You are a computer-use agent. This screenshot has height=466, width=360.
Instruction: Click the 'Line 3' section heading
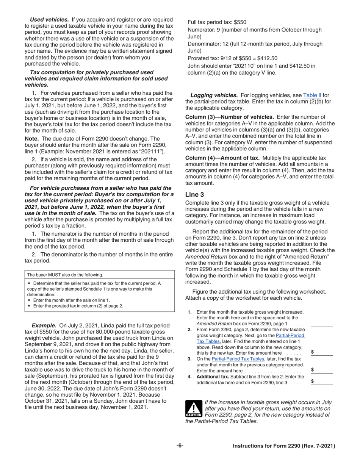point(194,194)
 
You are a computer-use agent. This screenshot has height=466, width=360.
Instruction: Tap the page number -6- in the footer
point(180,446)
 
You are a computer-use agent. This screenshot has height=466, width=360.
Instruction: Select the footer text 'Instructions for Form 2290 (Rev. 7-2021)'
point(284,446)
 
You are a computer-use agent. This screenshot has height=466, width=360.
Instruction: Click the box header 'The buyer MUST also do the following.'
point(65,275)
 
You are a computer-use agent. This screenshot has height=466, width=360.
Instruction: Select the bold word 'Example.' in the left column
point(44,325)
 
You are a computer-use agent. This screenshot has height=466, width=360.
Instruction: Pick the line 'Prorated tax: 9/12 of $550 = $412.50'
point(232,58)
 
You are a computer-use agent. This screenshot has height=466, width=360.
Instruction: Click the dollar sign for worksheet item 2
point(312,352)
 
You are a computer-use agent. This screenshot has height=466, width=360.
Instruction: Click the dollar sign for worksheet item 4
point(312,382)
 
